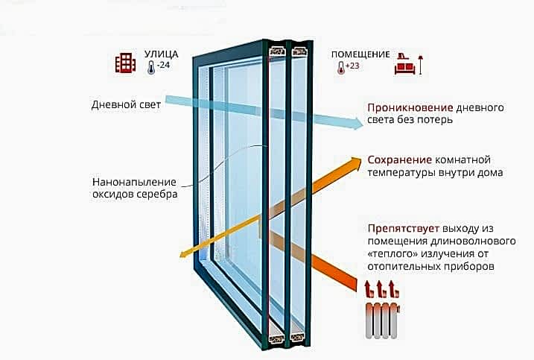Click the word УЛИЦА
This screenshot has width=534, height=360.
point(161,54)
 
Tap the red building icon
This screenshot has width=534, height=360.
point(125,63)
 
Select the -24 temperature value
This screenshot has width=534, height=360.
point(163,65)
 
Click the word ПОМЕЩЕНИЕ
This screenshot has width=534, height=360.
point(360,54)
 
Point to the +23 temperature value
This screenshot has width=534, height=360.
point(352,66)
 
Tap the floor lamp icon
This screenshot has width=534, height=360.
point(421,65)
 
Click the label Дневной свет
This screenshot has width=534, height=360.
point(126,104)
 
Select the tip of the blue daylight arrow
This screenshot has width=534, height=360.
point(363,123)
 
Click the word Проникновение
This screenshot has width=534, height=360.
point(410,108)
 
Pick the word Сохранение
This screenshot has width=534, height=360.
point(400,160)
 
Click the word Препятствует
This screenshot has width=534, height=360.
point(404,229)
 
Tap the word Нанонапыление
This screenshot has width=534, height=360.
point(135,182)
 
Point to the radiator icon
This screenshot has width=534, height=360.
point(383,320)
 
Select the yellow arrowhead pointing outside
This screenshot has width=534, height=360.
point(185,254)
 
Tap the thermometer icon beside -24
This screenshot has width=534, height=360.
point(151,68)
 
